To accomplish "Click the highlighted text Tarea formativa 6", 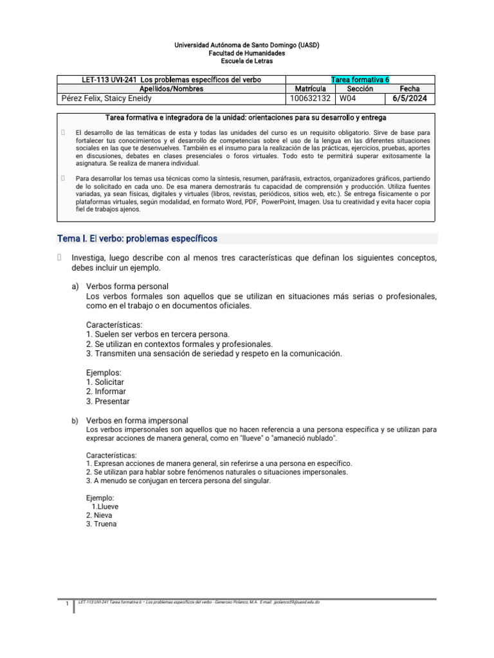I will [x=360, y=80].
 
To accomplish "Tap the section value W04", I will [x=348, y=99].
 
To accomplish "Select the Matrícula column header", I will [x=310, y=89].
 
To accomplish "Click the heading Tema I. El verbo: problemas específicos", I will [x=138, y=238].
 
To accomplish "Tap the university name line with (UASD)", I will [x=247, y=45].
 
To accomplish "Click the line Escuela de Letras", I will [x=247, y=62].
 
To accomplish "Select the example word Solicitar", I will [x=109, y=382].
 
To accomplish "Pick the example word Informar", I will [x=109, y=391].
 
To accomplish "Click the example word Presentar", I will [x=111, y=401].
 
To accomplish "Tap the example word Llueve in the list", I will [x=107, y=506].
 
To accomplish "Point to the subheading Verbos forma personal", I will [x=127, y=286].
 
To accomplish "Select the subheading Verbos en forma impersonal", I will [x=137, y=420].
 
